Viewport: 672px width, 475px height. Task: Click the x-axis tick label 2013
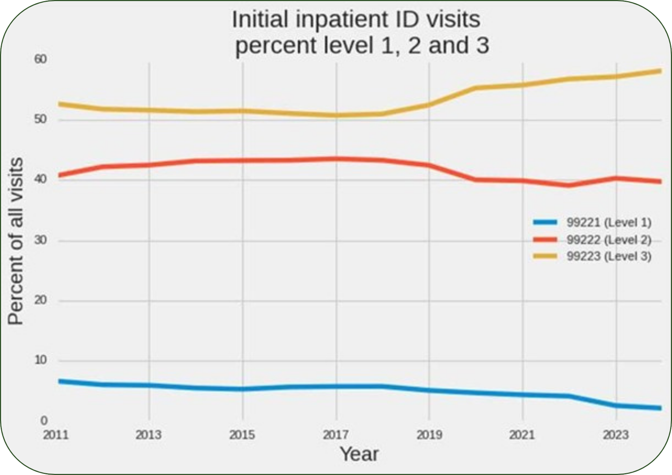coord(148,435)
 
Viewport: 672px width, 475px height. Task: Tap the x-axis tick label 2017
coord(336,435)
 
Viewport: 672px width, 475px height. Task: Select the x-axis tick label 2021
coord(522,435)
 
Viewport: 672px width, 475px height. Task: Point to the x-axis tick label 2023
coord(616,435)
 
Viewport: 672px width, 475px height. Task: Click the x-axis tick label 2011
coord(56,435)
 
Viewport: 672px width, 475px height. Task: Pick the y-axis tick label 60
coord(41,59)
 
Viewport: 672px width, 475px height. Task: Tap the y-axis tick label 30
coord(41,240)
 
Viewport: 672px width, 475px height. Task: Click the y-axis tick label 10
coord(41,360)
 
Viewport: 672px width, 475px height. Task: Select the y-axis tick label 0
coord(44,420)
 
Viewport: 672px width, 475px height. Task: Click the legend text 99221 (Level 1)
coord(609,222)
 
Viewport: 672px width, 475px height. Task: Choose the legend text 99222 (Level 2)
coord(609,240)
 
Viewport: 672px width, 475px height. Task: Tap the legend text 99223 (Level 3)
coord(609,256)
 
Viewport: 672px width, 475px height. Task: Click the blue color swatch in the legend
coord(545,222)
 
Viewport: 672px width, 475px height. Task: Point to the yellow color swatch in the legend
coord(545,256)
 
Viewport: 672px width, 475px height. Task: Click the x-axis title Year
coord(359,454)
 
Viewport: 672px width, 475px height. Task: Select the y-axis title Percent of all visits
coord(16,241)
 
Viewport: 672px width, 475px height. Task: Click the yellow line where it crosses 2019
coord(429,105)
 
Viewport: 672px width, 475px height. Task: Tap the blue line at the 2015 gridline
coord(242,389)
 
